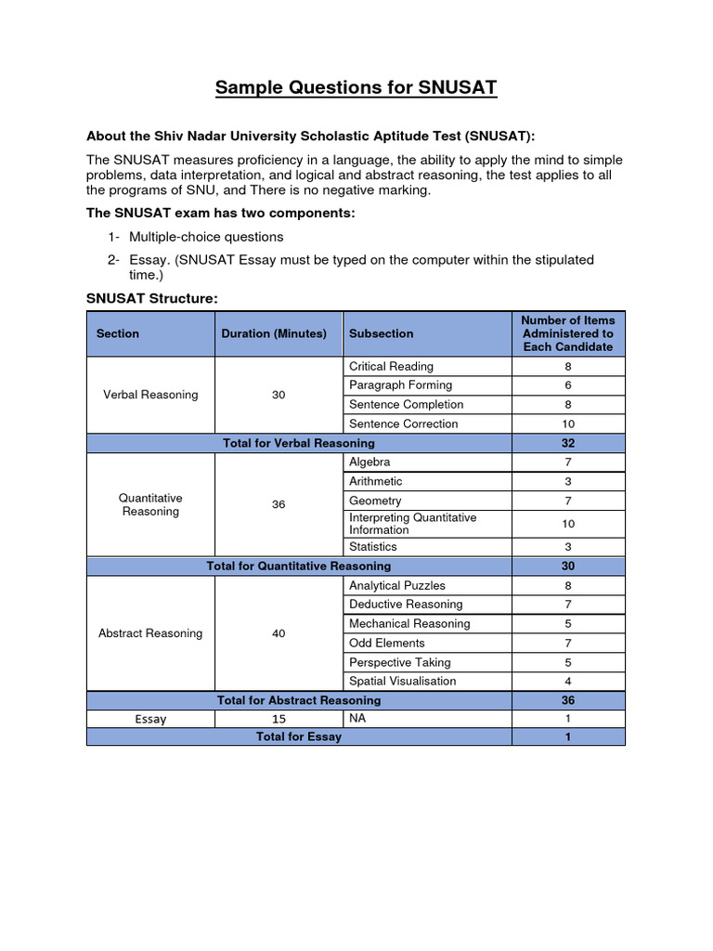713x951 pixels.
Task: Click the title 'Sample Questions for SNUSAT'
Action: (x=356, y=88)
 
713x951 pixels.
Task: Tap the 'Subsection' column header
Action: (x=382, y=333)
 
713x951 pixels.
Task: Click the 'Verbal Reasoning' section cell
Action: (x=150, y=395)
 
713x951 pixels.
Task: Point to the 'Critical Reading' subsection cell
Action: (x=391, y=366)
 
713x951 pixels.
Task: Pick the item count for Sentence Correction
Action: (x=567, y=423)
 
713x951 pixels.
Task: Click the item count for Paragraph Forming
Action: (x=567, y=385)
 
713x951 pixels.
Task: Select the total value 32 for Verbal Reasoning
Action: (x=567, y=443)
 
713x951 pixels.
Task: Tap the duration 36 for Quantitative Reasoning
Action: (x=279, y=504)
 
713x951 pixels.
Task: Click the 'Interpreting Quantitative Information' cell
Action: (x=412, y=524)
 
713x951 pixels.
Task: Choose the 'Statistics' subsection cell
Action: (x=373, y=547)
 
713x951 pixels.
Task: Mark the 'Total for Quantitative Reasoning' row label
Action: (x=299, y=566)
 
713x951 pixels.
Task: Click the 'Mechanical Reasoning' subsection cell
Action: (x=409, y=623)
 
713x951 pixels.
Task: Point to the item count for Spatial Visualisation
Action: (x=567, y=681)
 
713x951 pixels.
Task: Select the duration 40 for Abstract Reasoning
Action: (x=279, y=633)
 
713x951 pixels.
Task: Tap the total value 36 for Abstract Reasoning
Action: (x=567, y=700)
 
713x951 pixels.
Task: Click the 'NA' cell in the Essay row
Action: (x=357, y=718)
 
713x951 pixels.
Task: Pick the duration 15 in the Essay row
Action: (x=279, y=719)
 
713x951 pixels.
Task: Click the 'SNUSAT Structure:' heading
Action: (x=151, y=298)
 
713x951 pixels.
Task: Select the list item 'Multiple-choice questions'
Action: (x=206, y=237)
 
